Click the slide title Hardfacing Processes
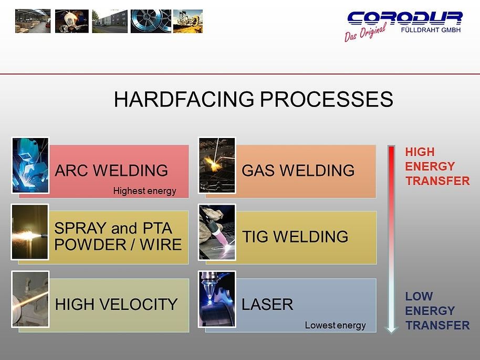coord(253,99)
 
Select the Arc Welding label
coord(111,171)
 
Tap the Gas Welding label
coord(298,171)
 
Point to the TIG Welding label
coord(295,237)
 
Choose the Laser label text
coord(267,304)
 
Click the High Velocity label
coord(116,304)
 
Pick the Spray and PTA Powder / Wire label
coord(118,237)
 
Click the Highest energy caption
coord(144,191)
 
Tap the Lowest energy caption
coord(335,325)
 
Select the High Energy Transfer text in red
coord(436,166)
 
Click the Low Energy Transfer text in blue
coord(437,311)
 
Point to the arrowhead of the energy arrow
coord(391,329)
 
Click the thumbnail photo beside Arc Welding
coord(30,165)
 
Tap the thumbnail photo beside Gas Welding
coord(217,165)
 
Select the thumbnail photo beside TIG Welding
coord(217,232)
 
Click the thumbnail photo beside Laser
coord(217,299)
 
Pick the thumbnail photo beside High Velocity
coord(30,299)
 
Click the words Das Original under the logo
coord(364,33)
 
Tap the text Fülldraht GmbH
coord(431,30)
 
